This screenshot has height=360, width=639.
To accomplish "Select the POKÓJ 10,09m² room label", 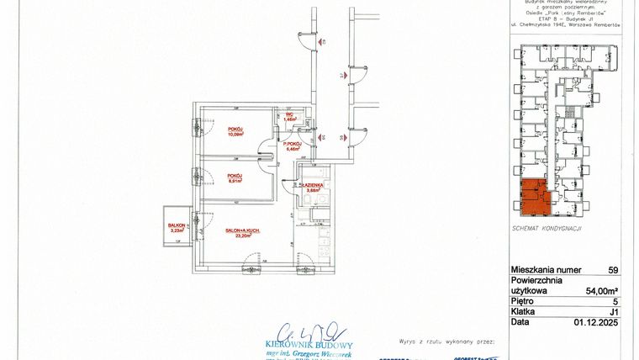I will (235, 130).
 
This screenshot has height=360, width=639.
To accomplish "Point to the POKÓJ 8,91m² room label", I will (235, 177).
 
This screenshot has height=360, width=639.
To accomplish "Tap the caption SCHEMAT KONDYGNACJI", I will (547, 228).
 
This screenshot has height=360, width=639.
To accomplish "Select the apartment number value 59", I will (612, 270).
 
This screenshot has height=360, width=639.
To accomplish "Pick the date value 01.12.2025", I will (595, 320).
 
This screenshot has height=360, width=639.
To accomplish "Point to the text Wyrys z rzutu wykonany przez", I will (446, 342).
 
